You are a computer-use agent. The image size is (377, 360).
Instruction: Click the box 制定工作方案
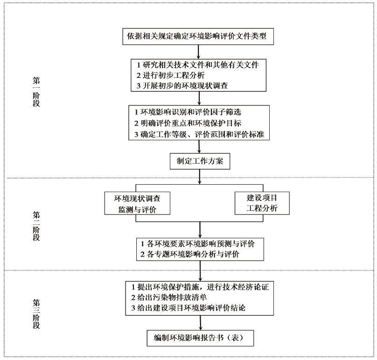200,161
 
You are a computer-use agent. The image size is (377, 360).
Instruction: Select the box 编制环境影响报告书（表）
200,338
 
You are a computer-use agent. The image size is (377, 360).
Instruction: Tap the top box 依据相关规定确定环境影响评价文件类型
198,36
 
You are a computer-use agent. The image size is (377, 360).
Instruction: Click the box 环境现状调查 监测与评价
137,203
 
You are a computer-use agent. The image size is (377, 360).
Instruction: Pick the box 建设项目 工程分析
262,203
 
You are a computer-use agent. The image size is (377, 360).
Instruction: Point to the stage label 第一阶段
36,91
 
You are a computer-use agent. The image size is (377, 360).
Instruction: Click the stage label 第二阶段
36,226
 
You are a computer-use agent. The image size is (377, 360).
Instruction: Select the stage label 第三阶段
36,314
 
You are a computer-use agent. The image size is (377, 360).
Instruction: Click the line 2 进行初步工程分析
170,75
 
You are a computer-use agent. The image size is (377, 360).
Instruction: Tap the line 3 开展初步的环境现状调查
182,85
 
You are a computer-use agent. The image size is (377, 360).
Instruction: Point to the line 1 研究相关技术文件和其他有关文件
198,65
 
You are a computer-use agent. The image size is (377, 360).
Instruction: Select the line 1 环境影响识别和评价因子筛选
188,112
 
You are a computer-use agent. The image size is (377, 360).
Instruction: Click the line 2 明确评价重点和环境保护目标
188,123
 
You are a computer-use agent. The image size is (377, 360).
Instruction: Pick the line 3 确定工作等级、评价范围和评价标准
199,134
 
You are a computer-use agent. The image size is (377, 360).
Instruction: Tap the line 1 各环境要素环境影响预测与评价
197,244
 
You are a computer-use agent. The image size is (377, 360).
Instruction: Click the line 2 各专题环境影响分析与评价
190,254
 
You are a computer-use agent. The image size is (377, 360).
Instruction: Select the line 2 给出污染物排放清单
169,298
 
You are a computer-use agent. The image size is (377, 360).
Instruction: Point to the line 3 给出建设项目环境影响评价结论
188,308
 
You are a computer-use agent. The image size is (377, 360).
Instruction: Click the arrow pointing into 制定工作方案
199,146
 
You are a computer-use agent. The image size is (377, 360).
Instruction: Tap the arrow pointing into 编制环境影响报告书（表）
201,323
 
